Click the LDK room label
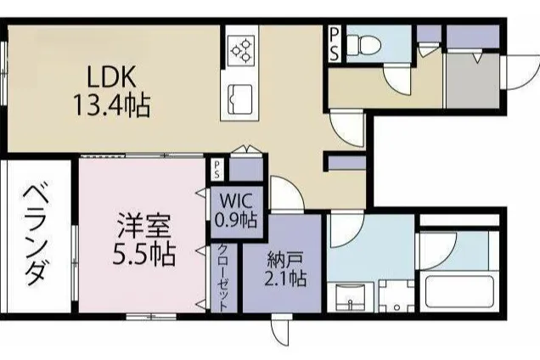[x=111, y=76]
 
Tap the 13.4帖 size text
[x=111, y=105]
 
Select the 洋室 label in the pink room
[x=144, y=226]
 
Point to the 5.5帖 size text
[x=144, y=254]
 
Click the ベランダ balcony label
[x=37, y=235]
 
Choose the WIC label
[x=237, y=200]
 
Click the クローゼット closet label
[x=223, y=278]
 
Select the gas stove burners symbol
[x=241, y=50]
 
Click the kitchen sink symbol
[x=241, y=98]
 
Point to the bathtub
[x=459, y=292]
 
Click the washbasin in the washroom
[x=350, y=296]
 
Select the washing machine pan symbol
[x=397, y=296]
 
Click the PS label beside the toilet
[x=334, y=44]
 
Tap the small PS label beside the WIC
[x=217, y=170]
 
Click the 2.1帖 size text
[x=285, y=278]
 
